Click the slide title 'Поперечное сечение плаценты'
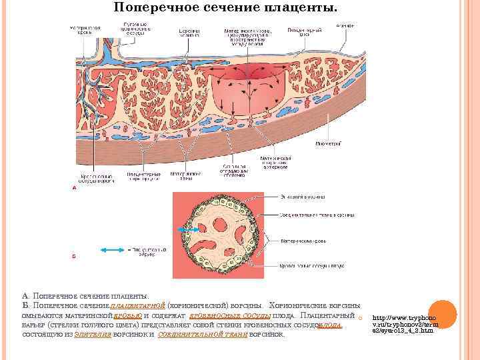(225, 8)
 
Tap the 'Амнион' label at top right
(345, 26)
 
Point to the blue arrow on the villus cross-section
(189, 229)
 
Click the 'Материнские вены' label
(181, 177)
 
